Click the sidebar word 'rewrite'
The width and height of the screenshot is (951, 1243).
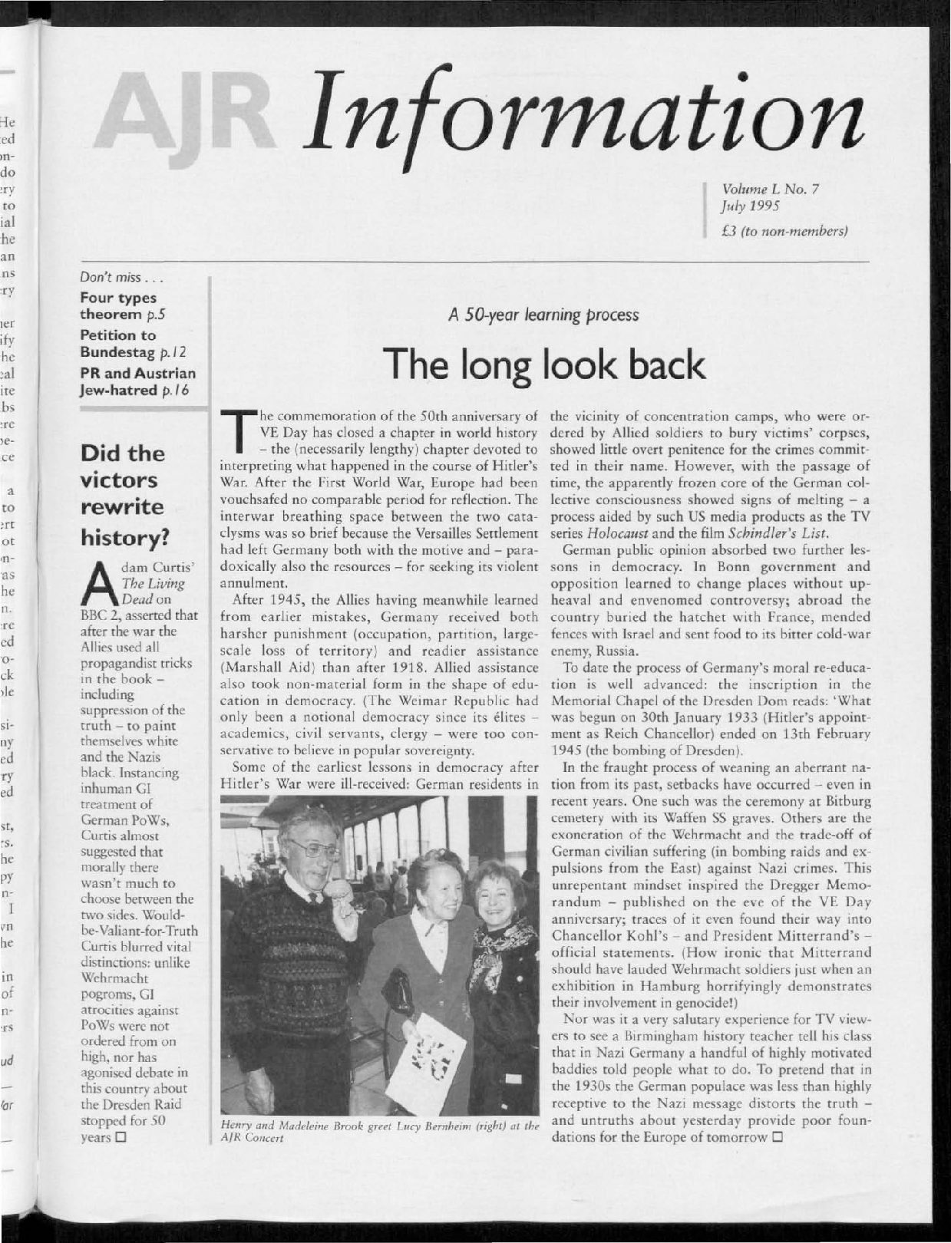coord(122,507)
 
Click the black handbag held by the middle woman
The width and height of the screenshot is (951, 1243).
coord(398,993)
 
